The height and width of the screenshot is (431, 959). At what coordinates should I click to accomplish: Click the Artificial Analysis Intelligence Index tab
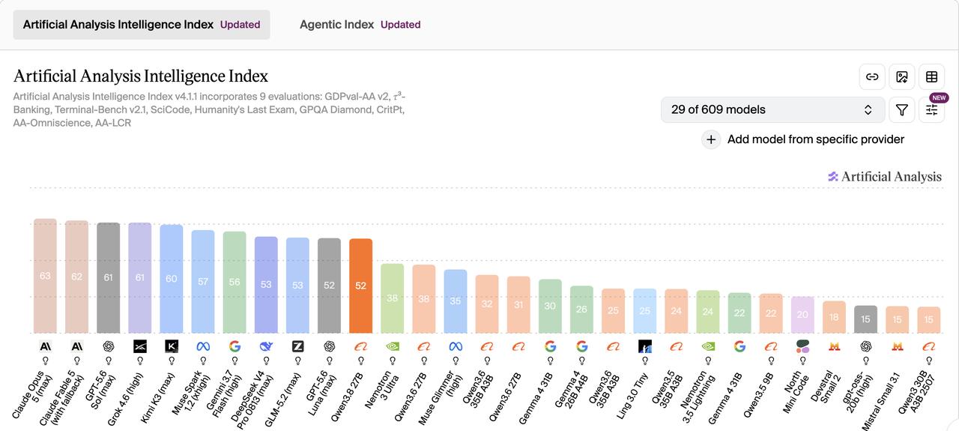[142, 25]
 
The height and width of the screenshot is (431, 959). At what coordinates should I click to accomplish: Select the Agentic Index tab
[360, 25]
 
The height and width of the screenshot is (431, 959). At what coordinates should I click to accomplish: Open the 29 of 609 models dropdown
[772, 109]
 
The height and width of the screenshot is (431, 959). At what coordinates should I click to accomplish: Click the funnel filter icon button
[901, 109]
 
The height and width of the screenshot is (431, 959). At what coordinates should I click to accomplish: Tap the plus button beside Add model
[711, 139]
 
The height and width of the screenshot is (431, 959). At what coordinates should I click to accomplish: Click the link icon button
[872, 76]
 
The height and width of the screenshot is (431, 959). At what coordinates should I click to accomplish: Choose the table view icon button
[931, 76]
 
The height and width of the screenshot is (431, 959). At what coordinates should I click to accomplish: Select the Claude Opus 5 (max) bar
[45, 276]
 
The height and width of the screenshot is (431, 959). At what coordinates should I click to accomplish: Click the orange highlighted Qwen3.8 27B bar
[360, 286]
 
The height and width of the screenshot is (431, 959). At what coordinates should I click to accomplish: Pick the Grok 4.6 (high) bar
[139, 277]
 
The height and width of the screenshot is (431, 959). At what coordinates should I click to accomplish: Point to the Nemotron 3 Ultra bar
[392, 298]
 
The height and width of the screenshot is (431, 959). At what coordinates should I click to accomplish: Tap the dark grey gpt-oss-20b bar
[865, 319]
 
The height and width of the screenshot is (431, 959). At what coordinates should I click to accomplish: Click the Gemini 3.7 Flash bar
[235, 283]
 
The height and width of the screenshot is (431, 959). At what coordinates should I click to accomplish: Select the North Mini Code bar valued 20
[802, 315]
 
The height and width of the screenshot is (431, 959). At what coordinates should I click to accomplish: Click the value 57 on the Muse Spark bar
[203, 282]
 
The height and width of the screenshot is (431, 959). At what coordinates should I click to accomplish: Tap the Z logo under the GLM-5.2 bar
[297, 346]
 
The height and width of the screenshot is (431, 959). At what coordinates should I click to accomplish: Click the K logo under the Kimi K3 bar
[172, 346]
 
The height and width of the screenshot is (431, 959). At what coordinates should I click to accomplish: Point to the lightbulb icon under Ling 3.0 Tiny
[645, 361]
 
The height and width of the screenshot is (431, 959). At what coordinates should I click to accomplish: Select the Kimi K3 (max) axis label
[158, 398]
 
